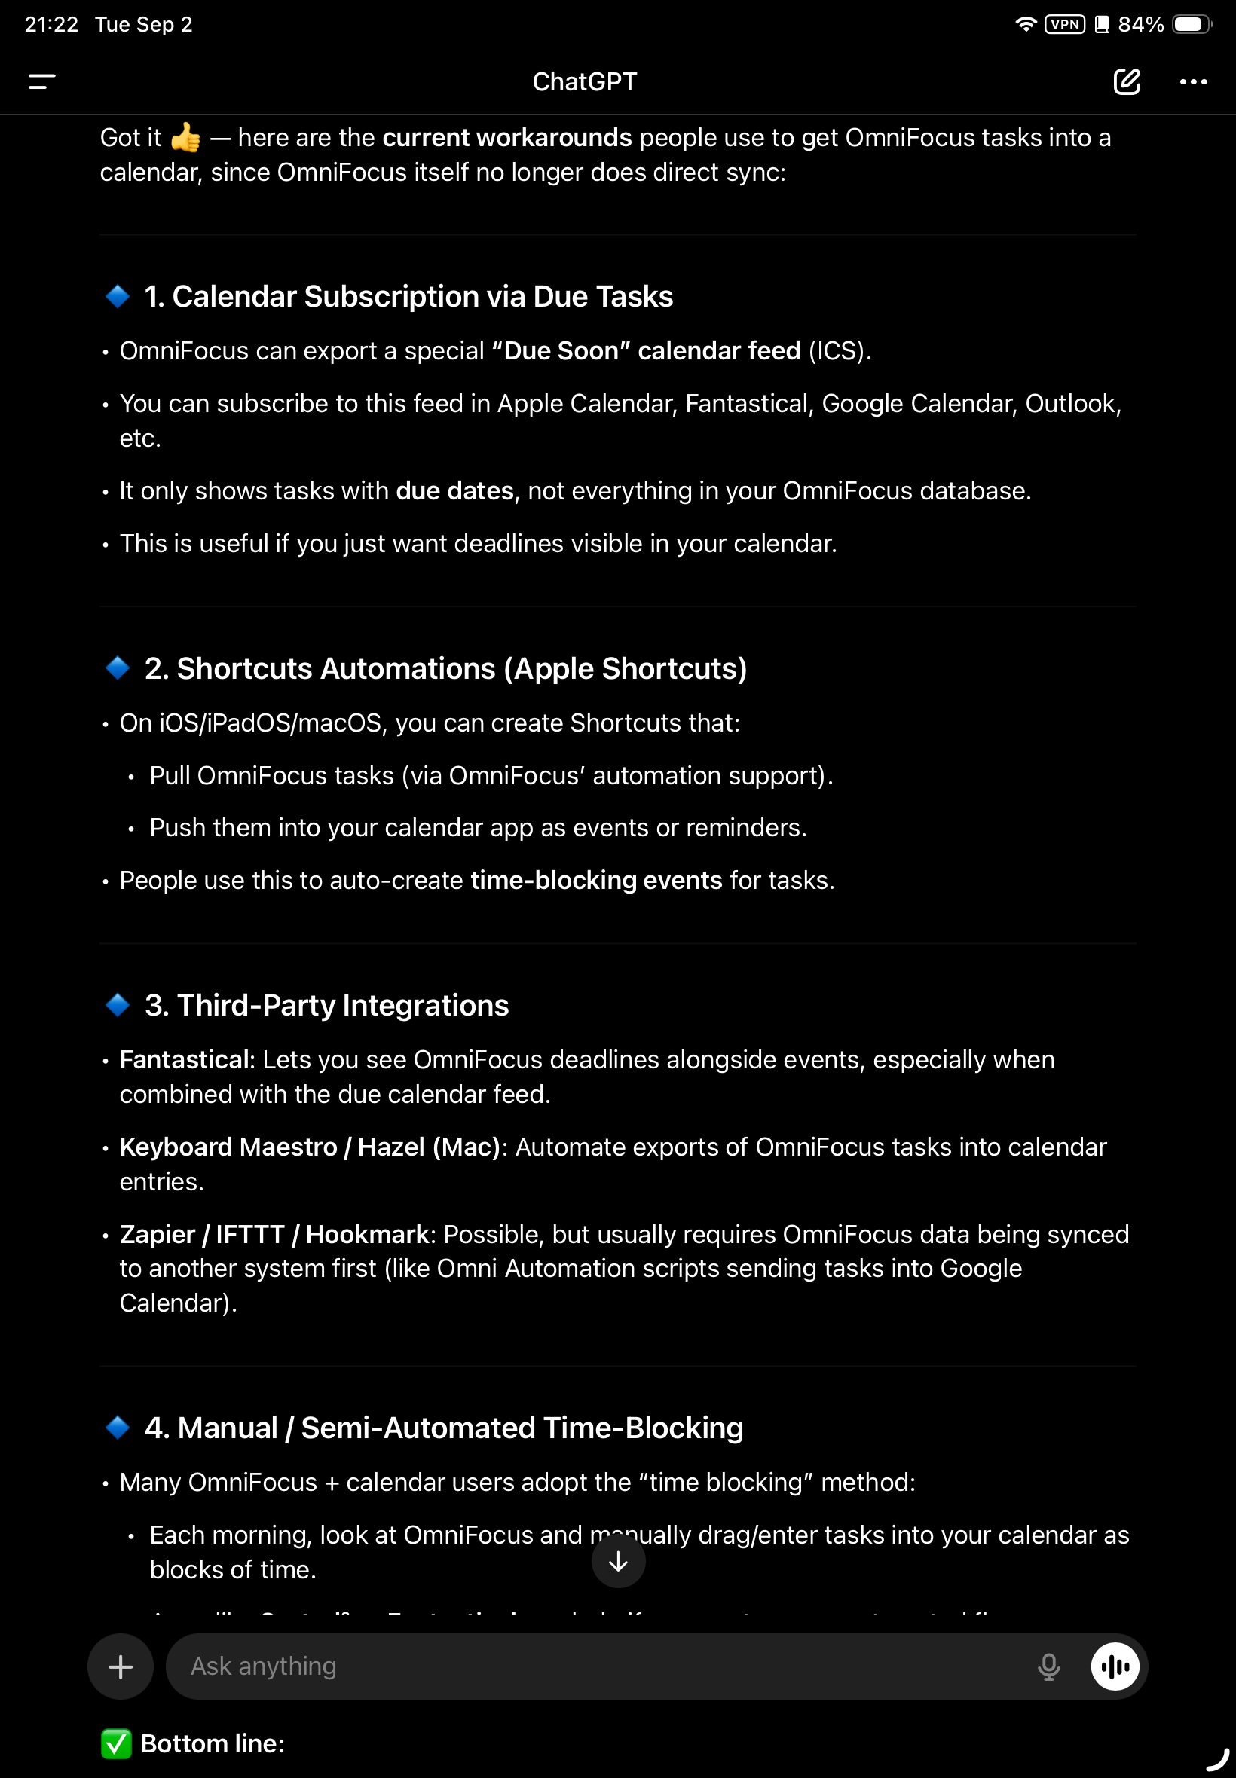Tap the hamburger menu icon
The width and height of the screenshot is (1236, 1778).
point(41,81)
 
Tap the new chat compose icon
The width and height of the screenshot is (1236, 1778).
point(1126,81)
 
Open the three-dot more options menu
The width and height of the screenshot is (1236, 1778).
point(1192,81)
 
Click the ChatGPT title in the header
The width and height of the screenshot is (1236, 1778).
point(585,81)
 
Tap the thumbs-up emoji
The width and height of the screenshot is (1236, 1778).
point(186,138)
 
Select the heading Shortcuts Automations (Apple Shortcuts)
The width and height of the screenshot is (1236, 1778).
point(445,668)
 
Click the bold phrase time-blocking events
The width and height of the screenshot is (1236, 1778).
point(596,880)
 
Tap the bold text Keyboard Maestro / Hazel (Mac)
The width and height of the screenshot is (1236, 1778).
point(310,1147)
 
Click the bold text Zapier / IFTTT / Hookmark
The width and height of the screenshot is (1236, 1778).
point(275,1234)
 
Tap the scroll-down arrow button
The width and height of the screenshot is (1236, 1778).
point(618,1561)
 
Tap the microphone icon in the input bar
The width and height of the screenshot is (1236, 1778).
point(1048,1666)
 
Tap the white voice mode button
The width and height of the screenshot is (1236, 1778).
point(1115,1666)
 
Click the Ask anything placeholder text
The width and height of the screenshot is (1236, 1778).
point(263,1666)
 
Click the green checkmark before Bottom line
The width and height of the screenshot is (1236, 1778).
point(116,1743)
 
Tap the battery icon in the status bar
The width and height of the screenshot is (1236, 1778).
point(1191,25)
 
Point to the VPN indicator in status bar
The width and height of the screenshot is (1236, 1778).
point(1065,25)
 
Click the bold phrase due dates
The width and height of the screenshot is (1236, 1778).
point(454,490)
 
